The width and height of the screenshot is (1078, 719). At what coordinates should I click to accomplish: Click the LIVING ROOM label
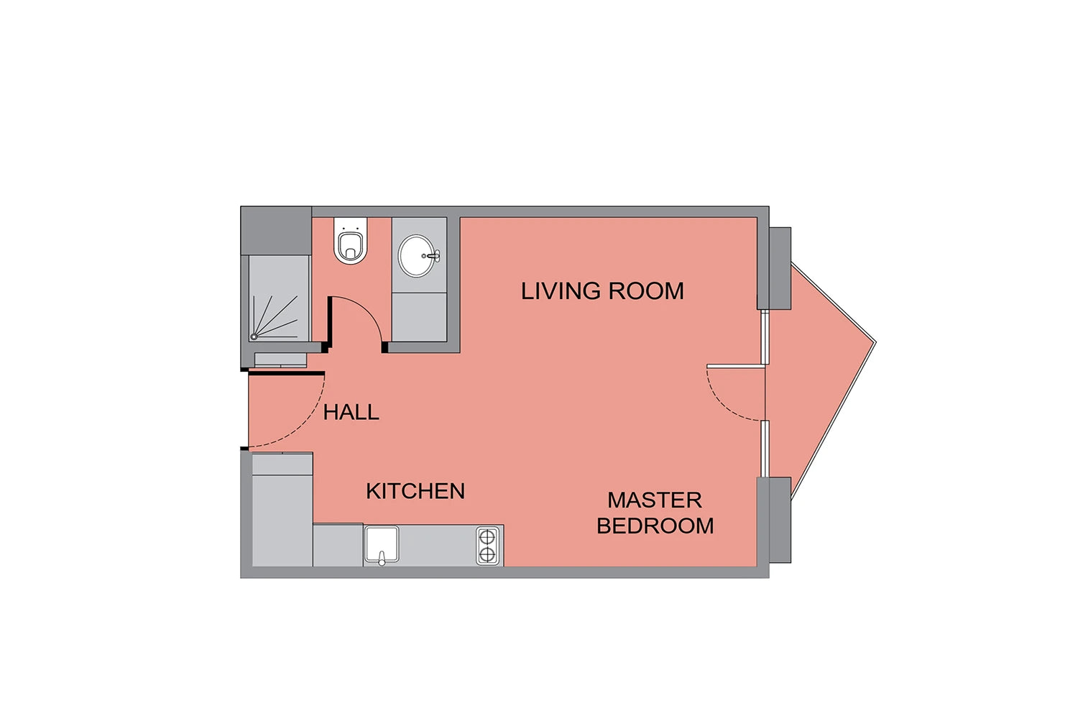(602, 291)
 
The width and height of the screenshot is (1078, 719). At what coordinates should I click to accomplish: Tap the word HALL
(351, 412)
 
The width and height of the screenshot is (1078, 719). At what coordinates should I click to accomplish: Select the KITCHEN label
(415, 491)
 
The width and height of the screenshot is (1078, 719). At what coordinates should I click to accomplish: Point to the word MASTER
(655, 500)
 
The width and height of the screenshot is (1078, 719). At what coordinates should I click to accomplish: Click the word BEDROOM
(655, 526)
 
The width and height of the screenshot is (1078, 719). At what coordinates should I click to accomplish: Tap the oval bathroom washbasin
(417, 256)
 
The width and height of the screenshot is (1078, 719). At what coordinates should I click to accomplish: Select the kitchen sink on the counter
(382, 544)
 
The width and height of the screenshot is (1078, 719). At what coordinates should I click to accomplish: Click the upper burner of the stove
(487, 536)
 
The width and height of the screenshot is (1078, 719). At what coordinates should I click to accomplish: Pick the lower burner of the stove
(487, 555)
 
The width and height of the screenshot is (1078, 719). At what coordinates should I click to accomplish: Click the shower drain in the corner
(254, 336)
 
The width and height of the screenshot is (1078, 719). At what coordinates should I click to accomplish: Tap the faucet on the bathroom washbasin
(432, 256)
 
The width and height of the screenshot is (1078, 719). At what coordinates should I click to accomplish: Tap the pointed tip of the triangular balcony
(876, 342)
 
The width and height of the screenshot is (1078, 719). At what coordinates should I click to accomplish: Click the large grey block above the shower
(276, 232)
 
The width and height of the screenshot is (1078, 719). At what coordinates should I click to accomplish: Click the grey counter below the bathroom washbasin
(419, 317)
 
